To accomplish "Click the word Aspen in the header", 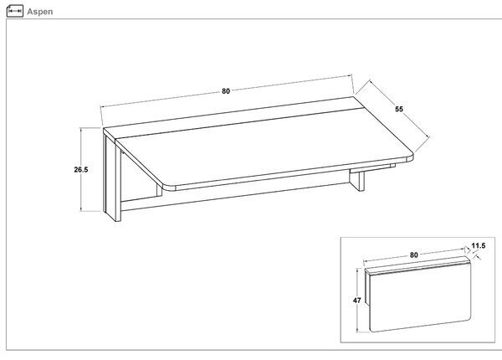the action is click(40, 12).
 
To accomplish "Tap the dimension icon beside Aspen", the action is click(15, 11).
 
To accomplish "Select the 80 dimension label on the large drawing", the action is click(226, 91).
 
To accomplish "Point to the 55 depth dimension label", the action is click(399, 109).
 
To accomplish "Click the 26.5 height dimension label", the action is click(81, 170).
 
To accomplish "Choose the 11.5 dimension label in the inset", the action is click(479, 246).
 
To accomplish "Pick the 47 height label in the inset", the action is click(357, 301).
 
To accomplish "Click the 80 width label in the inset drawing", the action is click(414, 255).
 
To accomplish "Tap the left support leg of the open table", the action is click(112, 178).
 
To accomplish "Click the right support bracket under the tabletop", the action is click(357, 180).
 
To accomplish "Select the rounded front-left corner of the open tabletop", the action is click(167, 186).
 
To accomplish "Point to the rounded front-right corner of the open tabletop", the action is click(409, 157).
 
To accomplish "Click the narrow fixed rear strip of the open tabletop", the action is click(233, 119).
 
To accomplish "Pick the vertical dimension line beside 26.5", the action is click(81, 170).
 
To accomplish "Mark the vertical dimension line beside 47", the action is click(357, 301).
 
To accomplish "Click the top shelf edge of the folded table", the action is click(417, 265).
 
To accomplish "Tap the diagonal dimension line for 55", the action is click(399, 109).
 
